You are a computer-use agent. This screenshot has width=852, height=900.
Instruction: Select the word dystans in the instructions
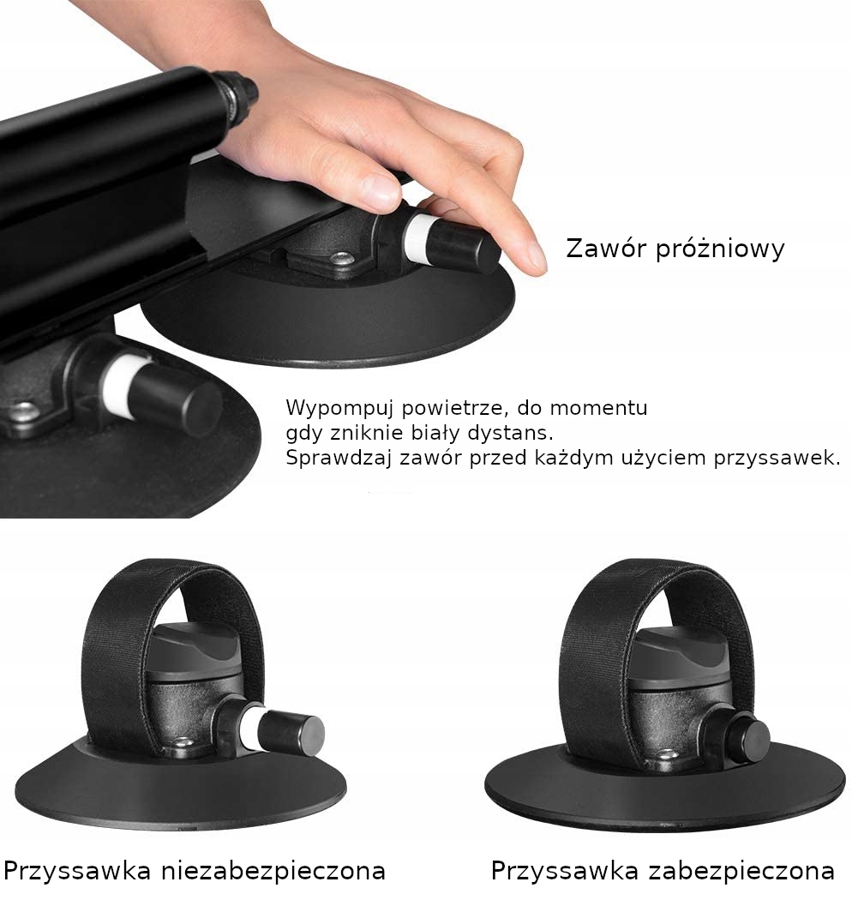pos(508,433)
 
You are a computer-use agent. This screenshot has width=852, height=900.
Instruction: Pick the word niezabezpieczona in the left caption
pos(273,872)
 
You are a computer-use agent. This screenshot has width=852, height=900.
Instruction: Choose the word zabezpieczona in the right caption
pos(741,872)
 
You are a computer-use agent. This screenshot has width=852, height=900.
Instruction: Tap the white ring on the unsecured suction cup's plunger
pos(252,729)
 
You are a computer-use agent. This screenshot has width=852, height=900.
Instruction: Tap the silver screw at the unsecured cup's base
pos(183,742)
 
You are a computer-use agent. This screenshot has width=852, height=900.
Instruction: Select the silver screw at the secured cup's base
pos(666,755)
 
